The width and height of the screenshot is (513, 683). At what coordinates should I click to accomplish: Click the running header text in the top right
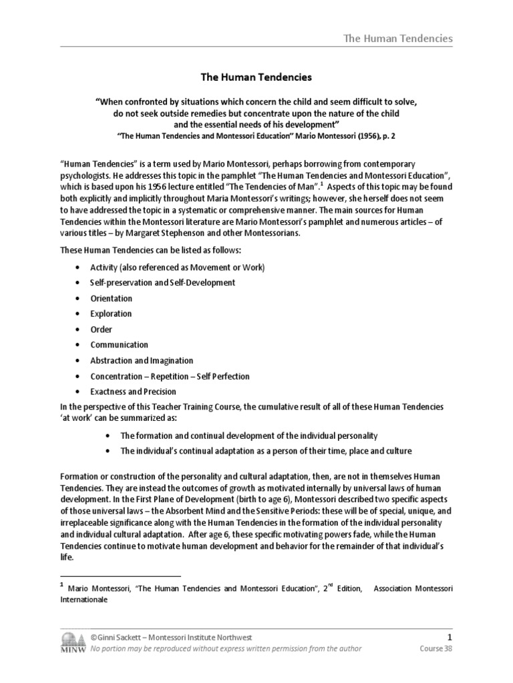click(x=397, y=38)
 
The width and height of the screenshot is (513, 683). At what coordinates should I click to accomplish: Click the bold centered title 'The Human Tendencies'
click(x=256, y=77)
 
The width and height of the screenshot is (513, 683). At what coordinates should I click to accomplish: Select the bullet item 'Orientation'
click(x=112, y=298)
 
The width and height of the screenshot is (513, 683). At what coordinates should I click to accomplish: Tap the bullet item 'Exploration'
click(x=111, y=313)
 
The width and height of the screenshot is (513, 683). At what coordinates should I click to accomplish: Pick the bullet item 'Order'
click(x=102, y=329)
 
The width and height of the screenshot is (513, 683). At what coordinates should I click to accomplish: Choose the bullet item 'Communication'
click(x=119, y=345)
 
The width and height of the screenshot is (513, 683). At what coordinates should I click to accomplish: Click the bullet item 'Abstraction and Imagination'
click(x=142, y=360)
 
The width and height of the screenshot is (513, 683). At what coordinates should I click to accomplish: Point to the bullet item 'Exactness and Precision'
click(x=133, y=392)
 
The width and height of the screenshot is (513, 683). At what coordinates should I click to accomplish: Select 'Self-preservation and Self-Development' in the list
click(x=163, y=283)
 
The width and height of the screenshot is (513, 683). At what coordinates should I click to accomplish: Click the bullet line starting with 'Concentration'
click(x=170, y=376)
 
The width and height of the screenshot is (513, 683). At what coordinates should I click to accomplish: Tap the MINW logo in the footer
click(x=73, y=642)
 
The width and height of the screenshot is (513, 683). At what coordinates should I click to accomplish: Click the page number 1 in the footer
click(x=449, y=636)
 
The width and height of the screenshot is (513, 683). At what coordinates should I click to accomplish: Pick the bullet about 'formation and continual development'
click(x=248, y=436)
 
